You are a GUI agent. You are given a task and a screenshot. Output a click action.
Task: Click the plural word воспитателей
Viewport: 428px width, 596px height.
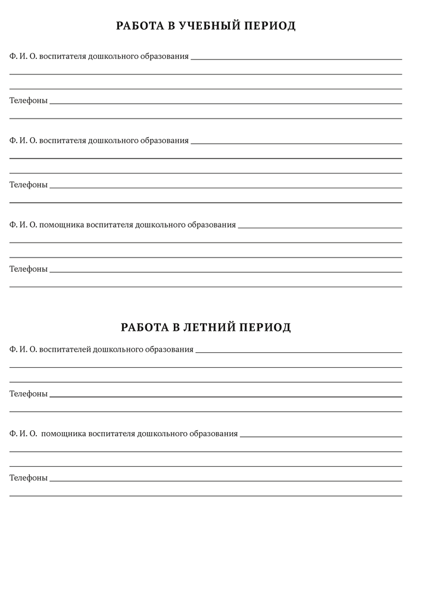tap(64, 349)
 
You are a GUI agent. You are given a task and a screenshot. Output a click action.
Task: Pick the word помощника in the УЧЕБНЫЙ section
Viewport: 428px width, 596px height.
tap(61, 225)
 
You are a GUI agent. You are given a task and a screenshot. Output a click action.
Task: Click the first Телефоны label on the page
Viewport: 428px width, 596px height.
tap(28, 100)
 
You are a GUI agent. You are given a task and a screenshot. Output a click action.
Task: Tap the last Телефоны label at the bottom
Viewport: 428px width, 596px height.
tap(28, 477)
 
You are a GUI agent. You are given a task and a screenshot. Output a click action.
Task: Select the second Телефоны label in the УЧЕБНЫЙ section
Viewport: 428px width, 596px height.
tap(28, 185)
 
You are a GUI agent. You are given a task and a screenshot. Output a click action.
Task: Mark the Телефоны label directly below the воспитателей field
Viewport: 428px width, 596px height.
tap(28, 393)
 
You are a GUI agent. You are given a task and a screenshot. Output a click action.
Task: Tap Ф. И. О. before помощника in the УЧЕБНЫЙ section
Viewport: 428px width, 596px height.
tap(23, 225)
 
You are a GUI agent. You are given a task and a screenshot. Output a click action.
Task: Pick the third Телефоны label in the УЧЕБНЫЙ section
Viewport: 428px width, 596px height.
tap(28, 269)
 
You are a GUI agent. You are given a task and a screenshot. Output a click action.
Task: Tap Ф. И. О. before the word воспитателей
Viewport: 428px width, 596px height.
tap(23, 349)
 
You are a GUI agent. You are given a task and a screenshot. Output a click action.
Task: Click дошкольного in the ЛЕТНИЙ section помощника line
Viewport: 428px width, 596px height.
tap(162, 433)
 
